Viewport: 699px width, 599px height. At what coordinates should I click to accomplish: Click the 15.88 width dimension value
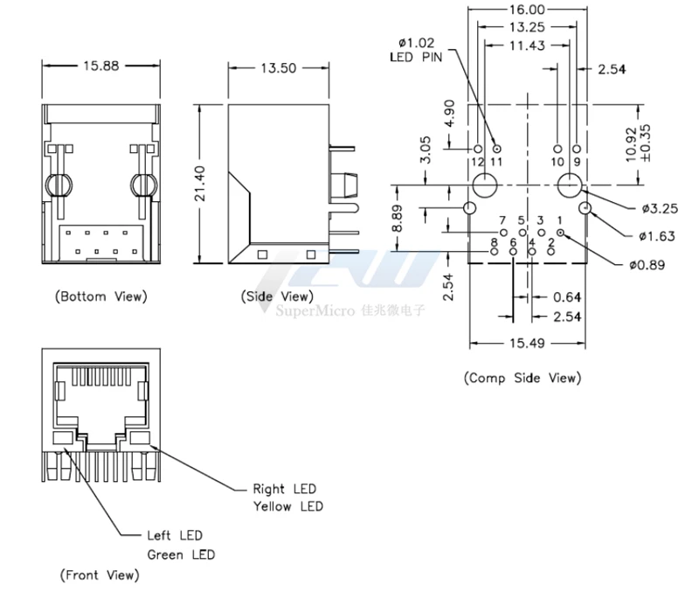click(100, 66)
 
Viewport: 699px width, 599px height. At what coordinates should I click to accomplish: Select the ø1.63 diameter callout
click(657, 236)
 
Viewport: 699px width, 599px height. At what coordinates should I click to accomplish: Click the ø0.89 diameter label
click(647, 264)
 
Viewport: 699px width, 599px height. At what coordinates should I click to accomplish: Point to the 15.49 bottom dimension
click(523, 343)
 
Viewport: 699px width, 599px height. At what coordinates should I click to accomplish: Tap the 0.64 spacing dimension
click(568, 297)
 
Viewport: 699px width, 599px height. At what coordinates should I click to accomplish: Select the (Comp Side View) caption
click(522, 378)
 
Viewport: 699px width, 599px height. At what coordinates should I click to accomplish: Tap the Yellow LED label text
click(287, 506)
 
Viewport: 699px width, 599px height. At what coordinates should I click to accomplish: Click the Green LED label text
click(180, 554)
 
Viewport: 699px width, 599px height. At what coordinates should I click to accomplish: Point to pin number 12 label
click(477, 162)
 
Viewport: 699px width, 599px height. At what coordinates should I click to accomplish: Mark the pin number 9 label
click(577, 162)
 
